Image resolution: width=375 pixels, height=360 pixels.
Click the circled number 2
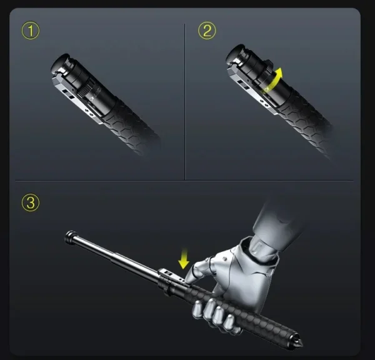pos(207,31)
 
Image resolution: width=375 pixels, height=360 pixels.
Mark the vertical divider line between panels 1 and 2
pos(185,100)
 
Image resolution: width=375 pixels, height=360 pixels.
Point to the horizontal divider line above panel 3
pos(187,181)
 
